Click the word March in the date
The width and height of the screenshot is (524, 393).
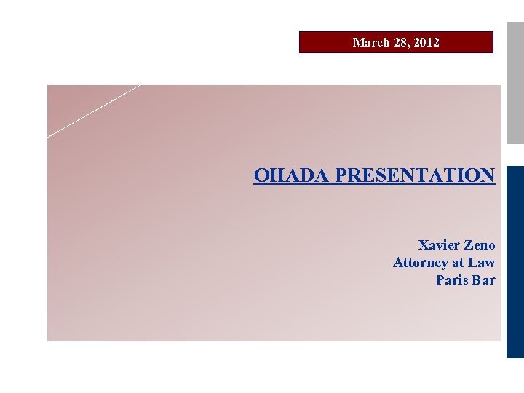(371, 42)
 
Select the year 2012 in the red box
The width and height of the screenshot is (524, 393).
(426, 42)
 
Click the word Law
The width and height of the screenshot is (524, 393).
(482, 263)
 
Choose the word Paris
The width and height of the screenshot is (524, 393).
(451, 280)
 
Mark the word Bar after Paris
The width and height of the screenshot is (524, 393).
(483, 280)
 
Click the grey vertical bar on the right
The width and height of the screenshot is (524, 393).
(515, 73)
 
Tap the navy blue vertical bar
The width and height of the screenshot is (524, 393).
(515, 262)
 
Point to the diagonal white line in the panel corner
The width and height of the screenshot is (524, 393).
(93, 111)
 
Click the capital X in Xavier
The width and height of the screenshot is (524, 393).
(424, 245)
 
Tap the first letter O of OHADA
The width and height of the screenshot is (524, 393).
(261, 175)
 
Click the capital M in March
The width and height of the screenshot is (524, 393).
(358, 42)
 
